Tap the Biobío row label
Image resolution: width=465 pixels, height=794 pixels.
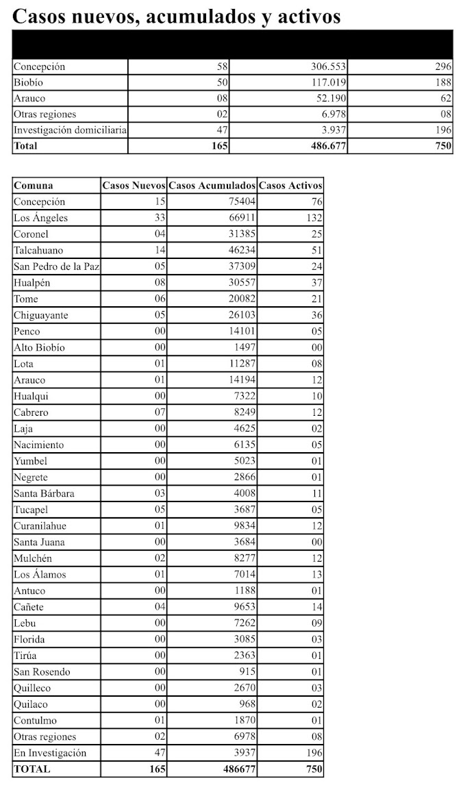[28, 82]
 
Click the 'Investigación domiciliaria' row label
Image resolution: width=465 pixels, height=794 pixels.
[70, 129]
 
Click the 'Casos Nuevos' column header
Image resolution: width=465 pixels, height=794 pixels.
[134, 185]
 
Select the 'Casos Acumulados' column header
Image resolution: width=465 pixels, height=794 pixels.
[212, 185]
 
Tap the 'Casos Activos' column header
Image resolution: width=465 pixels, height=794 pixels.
[290, 185]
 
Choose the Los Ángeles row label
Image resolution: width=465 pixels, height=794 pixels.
[41, 218]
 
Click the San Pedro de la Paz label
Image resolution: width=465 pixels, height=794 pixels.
[57, 266]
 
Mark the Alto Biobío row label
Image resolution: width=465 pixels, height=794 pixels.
[39, 347]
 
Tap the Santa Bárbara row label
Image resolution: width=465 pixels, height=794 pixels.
[45, 493]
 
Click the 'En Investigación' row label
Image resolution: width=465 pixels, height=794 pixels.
[50, 753]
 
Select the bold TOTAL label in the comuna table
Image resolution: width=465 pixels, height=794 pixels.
[32, 769]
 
